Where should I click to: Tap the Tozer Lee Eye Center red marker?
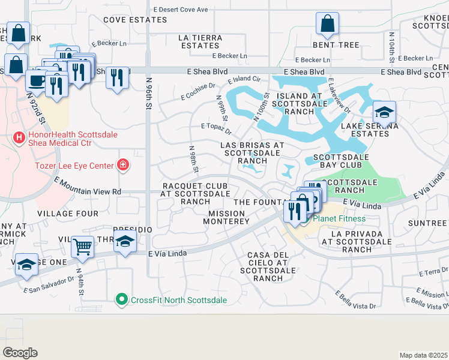click(123, 164)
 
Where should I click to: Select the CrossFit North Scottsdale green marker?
click(122, 299)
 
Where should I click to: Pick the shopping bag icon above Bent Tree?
click(327, 24)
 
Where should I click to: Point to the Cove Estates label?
click(126, 20)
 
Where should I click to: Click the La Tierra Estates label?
click(200, 41)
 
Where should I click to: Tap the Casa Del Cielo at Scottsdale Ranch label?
click(268, 266)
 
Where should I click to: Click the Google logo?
click(20, 353)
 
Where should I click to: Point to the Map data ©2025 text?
click(423, 355)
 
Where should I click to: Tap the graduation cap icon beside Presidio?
click(125, 242)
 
